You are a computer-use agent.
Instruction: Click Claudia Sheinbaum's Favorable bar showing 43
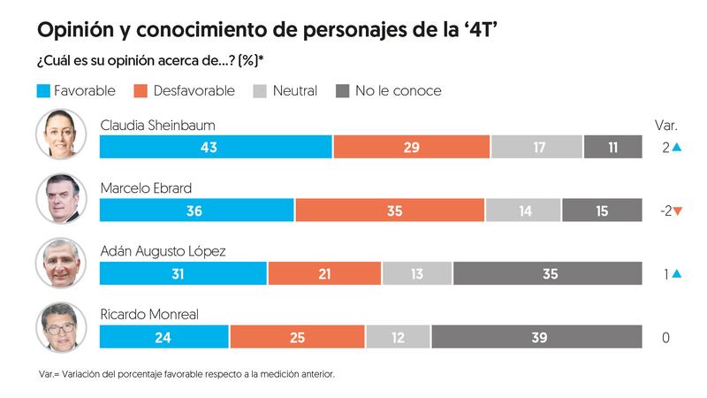pos(216,147)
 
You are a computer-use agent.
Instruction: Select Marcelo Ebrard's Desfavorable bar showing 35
pos(390,210)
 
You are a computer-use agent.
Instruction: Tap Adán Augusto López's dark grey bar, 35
pos(547,274)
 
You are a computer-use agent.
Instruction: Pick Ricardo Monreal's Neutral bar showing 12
pos(398,337)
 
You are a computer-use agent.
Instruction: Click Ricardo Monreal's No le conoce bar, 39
pos(536,337)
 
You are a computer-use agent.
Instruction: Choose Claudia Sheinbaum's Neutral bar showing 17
pos(536,147)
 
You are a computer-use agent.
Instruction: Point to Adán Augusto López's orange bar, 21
pos(324,274)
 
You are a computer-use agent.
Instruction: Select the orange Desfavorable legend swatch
pos(142,91)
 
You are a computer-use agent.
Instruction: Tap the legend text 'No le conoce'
pos(398,91)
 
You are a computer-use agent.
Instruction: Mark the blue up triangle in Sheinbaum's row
pos(677,147)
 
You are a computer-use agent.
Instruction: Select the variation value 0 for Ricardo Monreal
pos(665,337)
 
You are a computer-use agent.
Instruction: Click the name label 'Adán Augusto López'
pos(163,251)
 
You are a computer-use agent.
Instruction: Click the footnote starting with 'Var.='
pos(186,374)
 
